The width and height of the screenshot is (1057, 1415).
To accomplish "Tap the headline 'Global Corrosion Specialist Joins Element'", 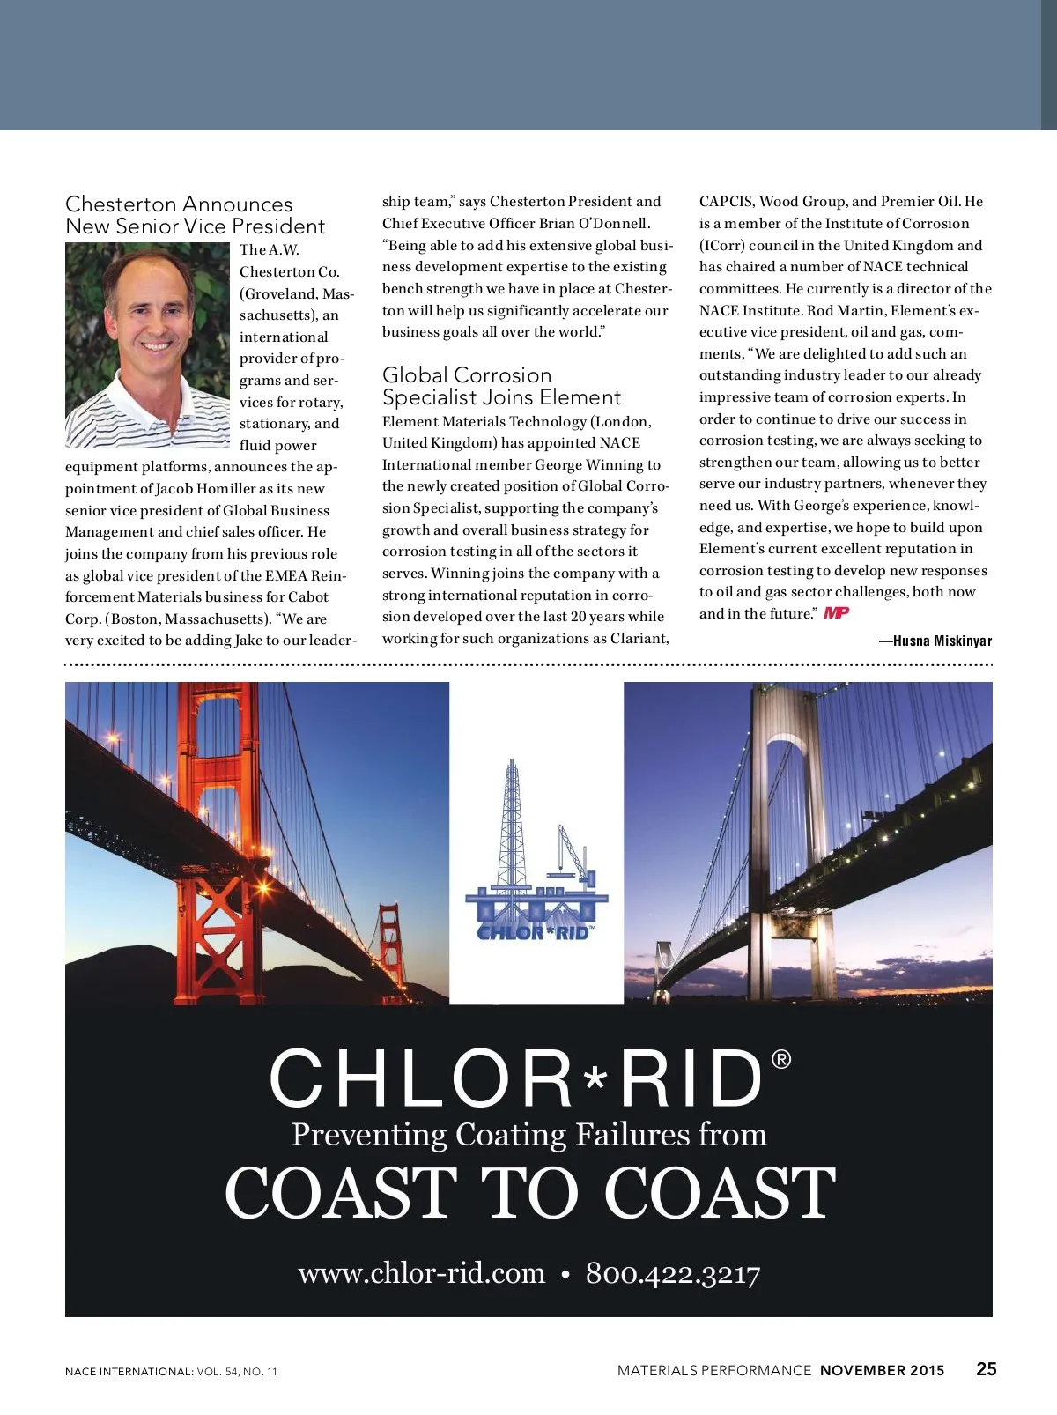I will click(501, 387).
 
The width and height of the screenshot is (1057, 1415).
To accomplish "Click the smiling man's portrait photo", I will click(148, 345).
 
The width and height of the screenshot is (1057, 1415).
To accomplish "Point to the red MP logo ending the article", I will click(836, 613).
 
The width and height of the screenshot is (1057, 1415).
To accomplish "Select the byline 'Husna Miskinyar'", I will click(942, 641).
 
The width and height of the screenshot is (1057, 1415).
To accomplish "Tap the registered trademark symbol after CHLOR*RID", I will click(781, 1060).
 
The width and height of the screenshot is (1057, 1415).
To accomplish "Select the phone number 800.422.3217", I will click(673, 1274).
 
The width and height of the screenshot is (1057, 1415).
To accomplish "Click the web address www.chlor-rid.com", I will click(422, 1274).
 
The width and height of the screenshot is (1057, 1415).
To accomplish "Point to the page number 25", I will click(987, 1369).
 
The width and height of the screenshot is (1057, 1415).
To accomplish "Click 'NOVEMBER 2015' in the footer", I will click(882, 1371).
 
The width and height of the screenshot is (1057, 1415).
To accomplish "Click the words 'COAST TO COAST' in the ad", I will click(529, 1193).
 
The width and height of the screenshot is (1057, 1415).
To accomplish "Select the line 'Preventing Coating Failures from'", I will click(529, 1135).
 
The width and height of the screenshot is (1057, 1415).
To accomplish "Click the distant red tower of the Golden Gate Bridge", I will click(388, 943).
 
